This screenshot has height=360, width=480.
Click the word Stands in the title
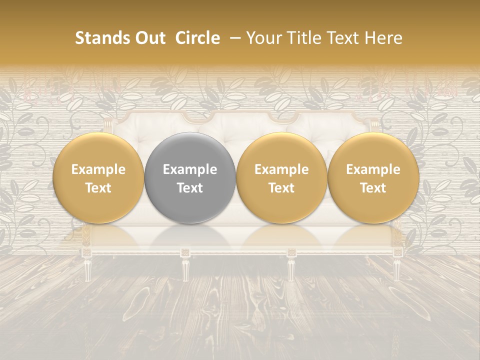point(102,38)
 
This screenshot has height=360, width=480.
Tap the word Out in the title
point(148,38)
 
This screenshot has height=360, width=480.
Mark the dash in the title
point(233,38)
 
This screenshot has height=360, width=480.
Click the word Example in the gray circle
point(189,170)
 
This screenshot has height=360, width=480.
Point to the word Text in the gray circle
point(189,188)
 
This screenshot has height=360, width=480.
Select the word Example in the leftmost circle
point(98,170)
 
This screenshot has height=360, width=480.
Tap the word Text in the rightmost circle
point(373,188)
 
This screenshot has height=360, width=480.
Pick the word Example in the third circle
point(281,170)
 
